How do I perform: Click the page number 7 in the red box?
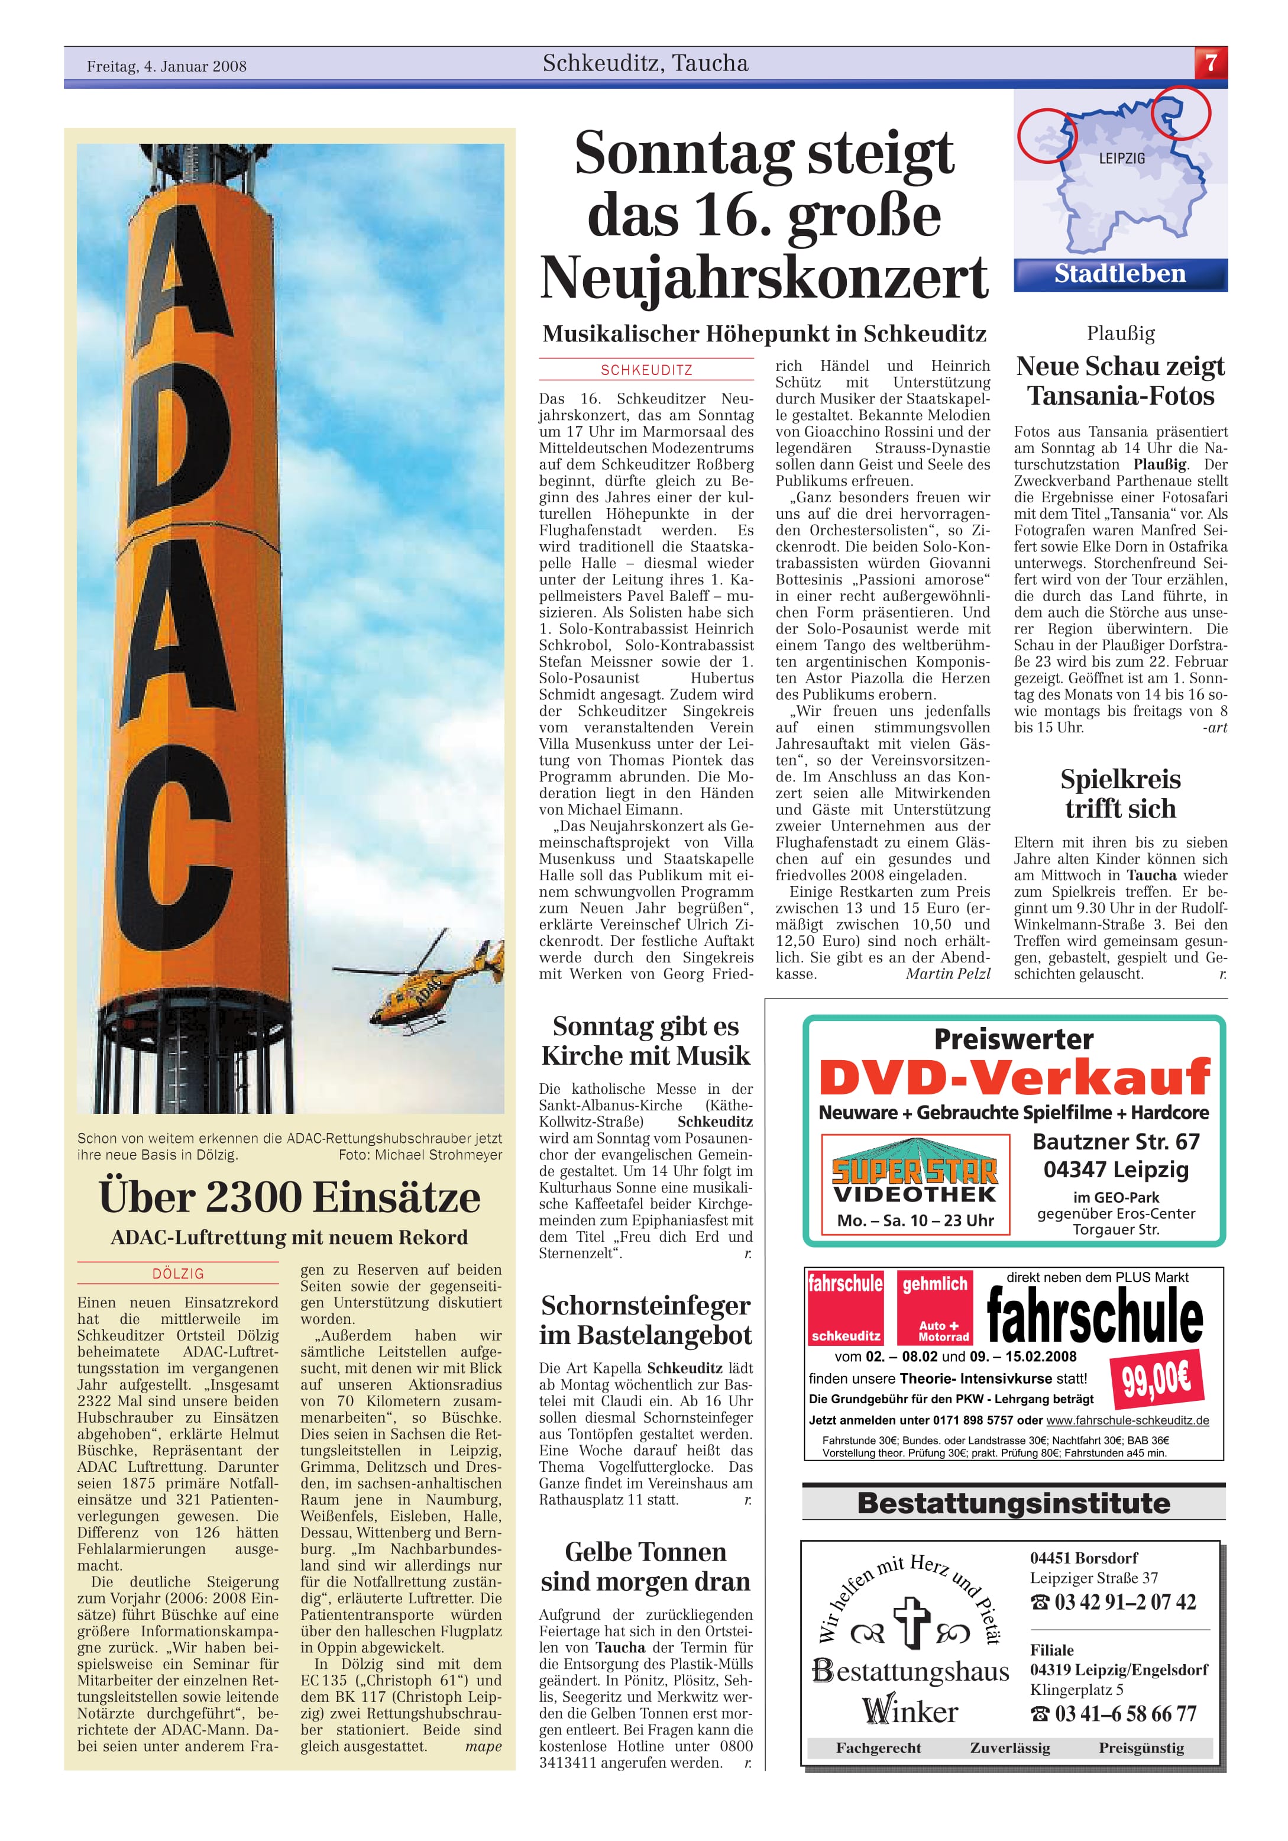coord(1211,63)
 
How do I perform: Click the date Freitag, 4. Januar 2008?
coord(167,66)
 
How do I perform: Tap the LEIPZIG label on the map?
coord(1121,159)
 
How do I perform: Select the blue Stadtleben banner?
coord(1119,274)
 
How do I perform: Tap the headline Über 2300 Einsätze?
coord(289,1197)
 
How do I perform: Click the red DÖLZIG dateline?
coord(178,1273)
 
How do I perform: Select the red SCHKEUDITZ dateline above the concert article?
coord(646,370)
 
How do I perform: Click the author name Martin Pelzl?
coord(947,974)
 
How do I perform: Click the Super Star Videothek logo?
coord(914,1184)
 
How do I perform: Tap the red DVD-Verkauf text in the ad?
coord(1014,1078)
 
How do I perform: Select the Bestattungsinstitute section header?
coord(1013,1503)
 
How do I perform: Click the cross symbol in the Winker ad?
coord(909,1622)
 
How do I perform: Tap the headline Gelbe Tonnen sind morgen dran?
coord(645,1566)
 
